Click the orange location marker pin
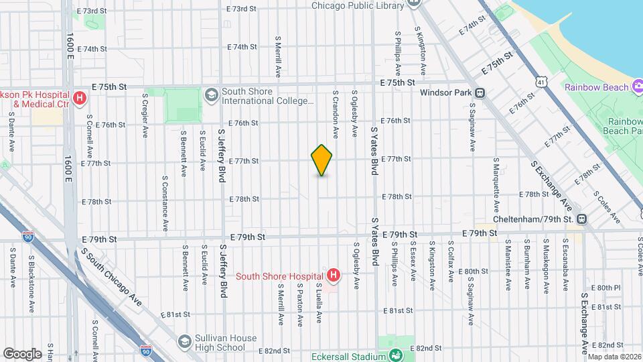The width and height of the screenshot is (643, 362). (x=322, y=160)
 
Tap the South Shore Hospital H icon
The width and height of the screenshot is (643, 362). (x=333, y=274)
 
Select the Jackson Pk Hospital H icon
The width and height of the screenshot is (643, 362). (x=80, y=99)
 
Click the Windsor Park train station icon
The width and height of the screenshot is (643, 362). (x=480, y=93)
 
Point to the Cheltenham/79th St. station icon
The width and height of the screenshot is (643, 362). (x=582, y=219)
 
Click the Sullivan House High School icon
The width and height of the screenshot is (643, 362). (x=184, y=343)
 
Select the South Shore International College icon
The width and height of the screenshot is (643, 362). (x=212, y=95)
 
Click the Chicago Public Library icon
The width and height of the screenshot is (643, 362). (x=413, y=3)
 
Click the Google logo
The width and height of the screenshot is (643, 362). (x=23, y=353)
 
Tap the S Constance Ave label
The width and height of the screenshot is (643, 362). (x=165, y=202)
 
